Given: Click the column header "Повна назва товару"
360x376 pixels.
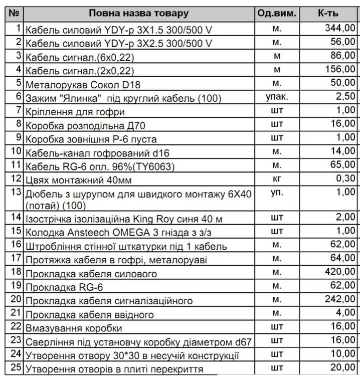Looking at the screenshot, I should click(x=139, y=13).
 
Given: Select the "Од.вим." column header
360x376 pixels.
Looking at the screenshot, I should click(x=277, y=13).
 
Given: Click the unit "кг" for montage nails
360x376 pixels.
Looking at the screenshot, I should click(x=277, y=177).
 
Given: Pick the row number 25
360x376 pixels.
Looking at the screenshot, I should click(x=17, y=368).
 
